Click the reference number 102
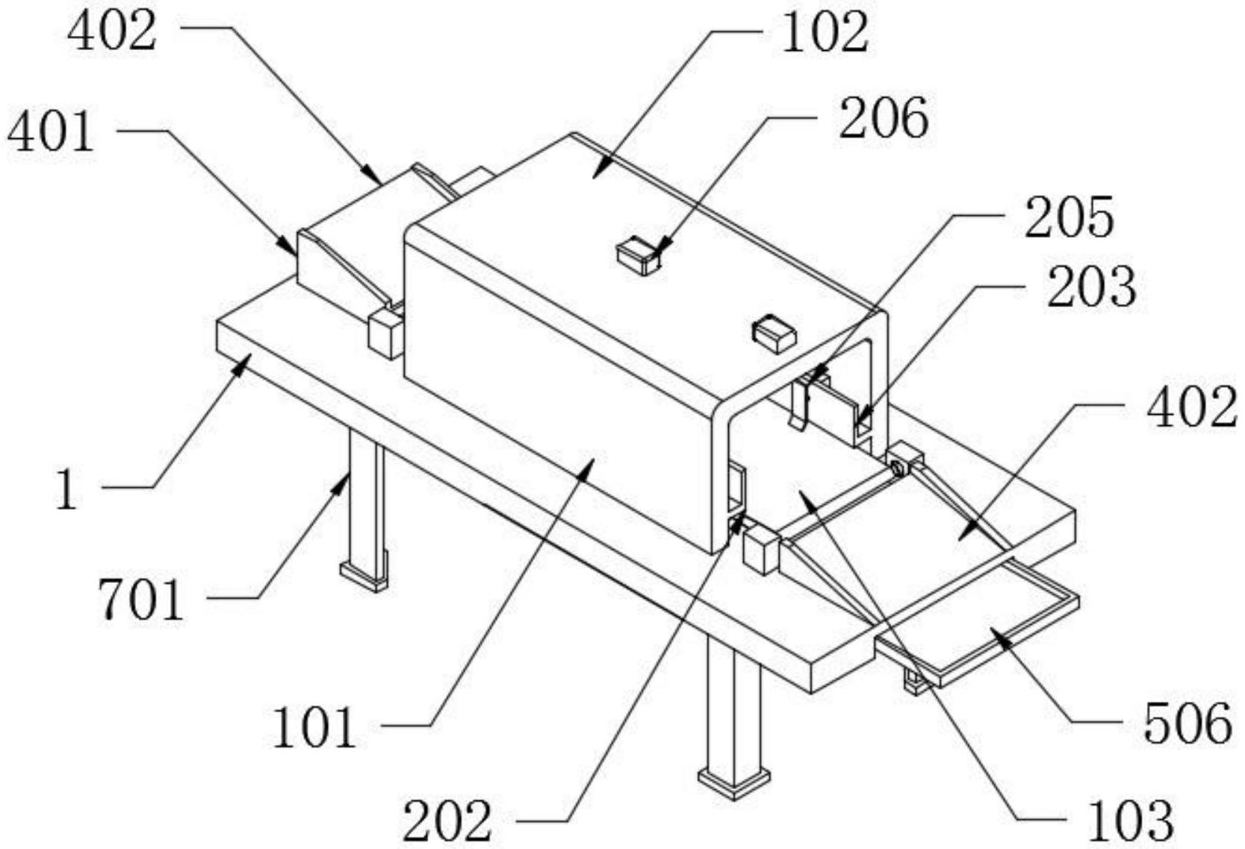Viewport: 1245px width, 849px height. (x=825, y=34)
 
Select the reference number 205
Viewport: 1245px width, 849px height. (x=1069, y=218)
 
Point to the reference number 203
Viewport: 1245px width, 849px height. (x=1091, y=288)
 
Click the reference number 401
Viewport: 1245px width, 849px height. (x=51, y=133)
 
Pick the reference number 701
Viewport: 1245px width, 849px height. (x=140, y=601)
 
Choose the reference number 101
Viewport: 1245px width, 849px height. (x=314, y=729)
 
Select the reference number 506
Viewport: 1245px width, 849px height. (x=1188, y=723)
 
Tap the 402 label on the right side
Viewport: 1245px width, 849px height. (x=1193, y=408)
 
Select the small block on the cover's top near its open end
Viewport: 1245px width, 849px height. (x=774, y=333)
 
